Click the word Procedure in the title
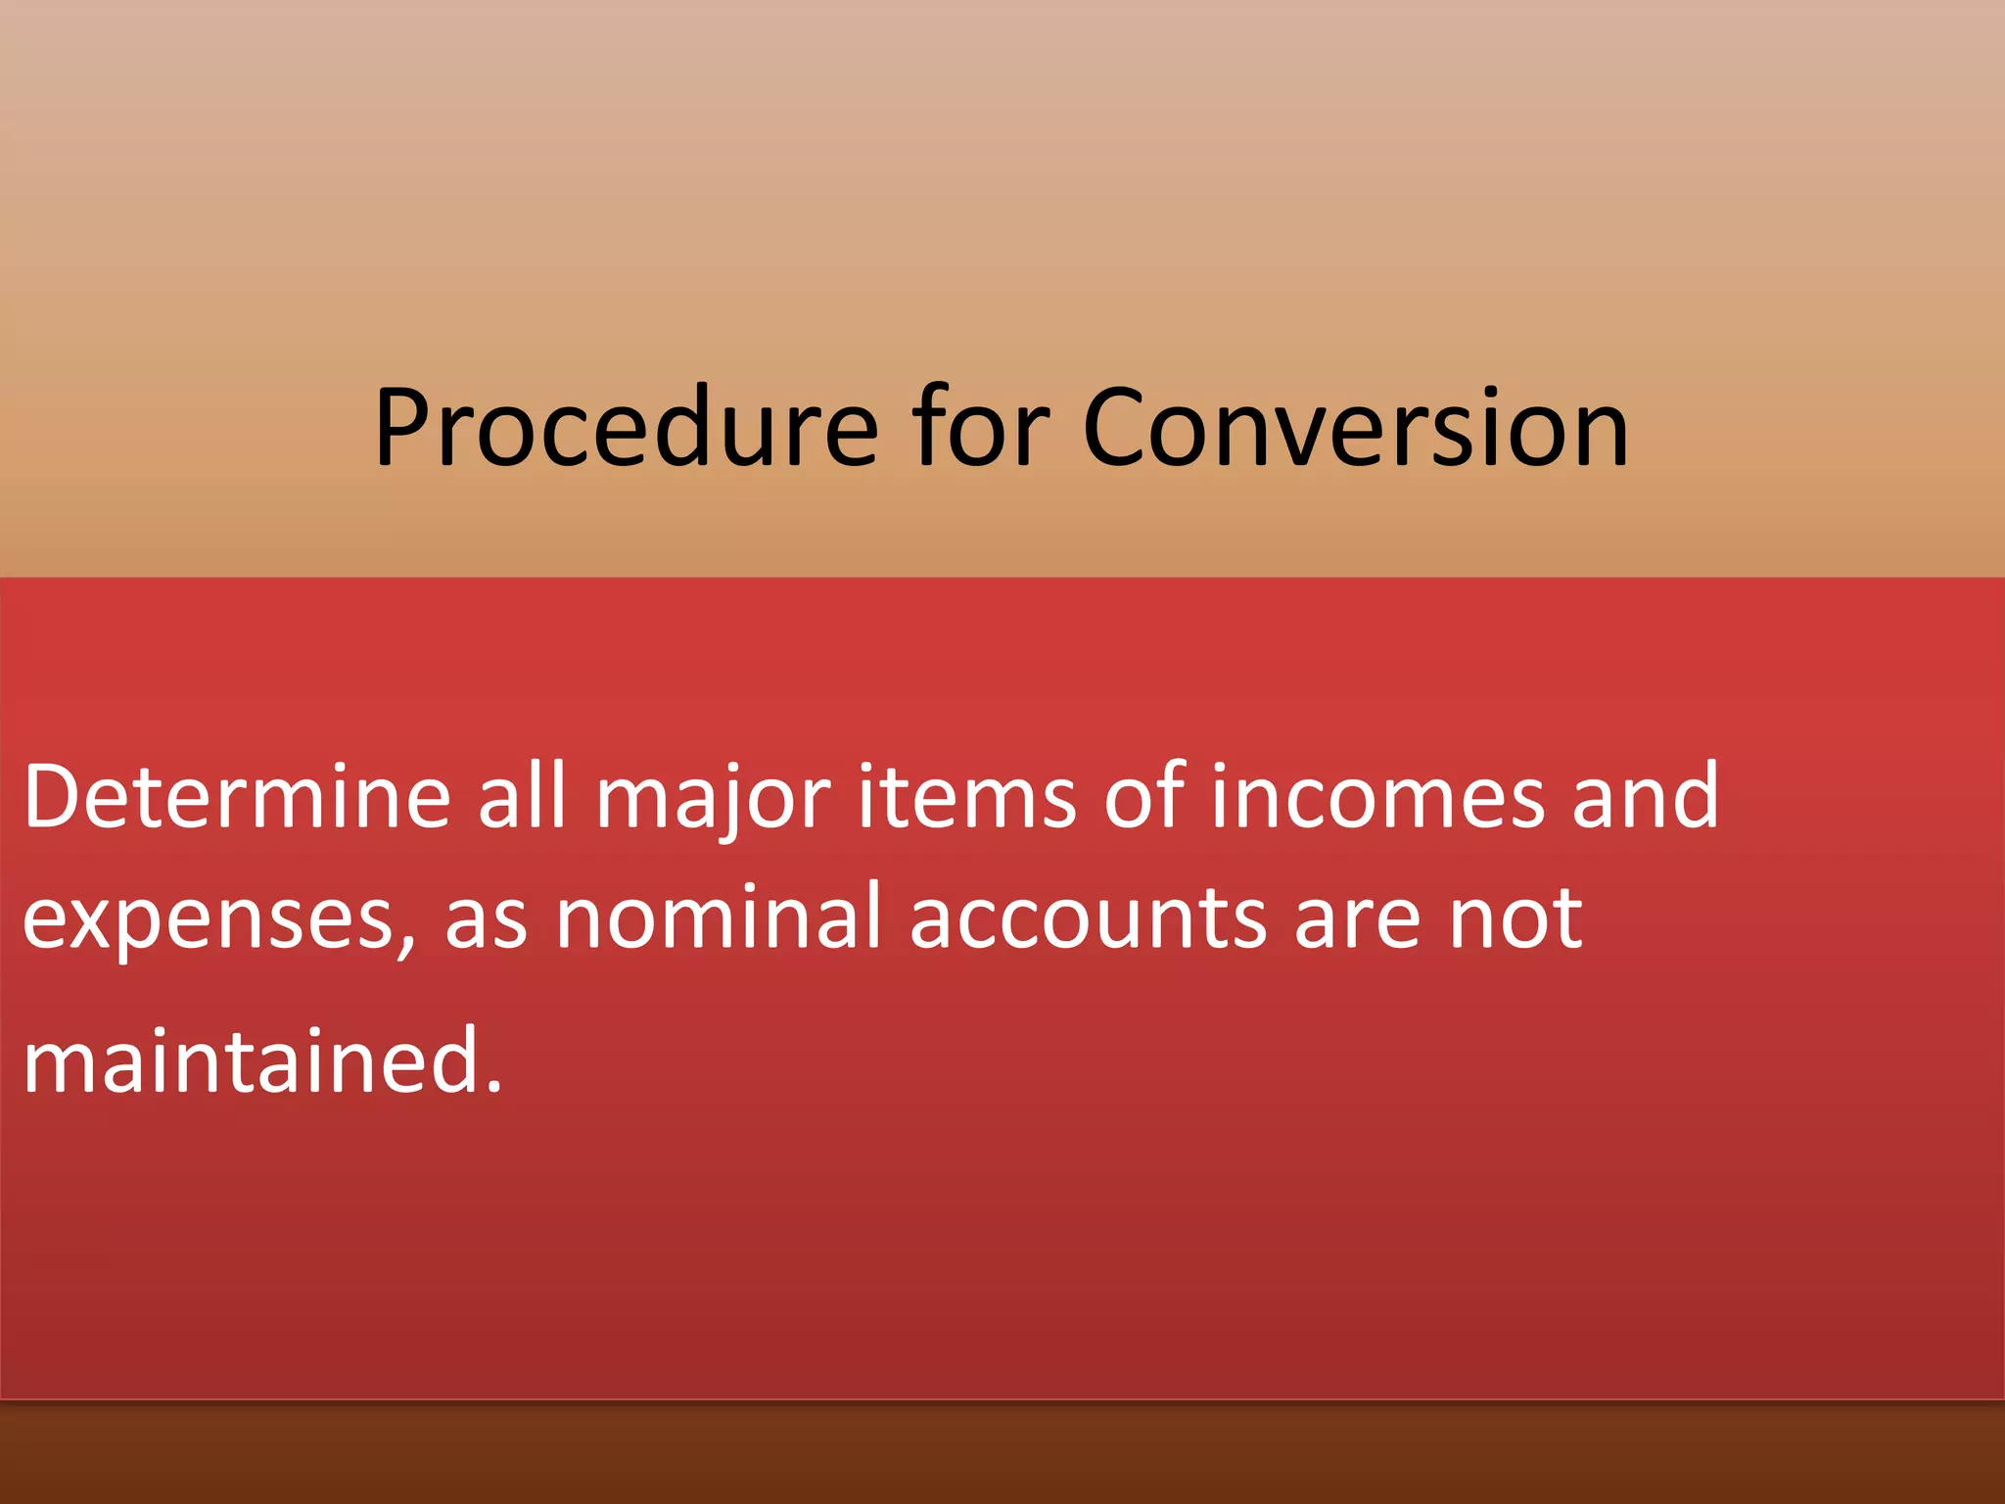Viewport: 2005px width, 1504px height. pyautogui.click(x=627, y=427)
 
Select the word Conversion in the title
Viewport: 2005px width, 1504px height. pyautogui.click(x=1356, y=427)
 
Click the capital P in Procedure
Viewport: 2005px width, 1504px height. pyautogui.click(x=403, y=427)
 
